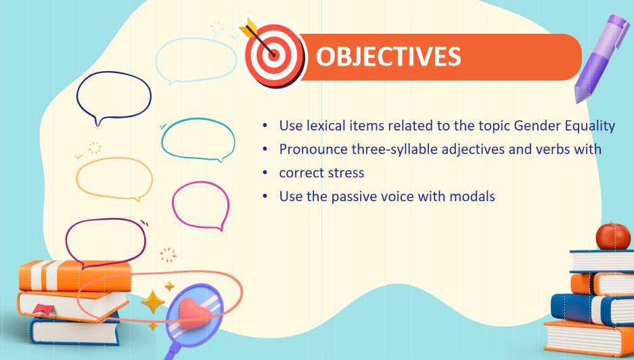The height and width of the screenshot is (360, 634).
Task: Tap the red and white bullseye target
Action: (x=274, y=55)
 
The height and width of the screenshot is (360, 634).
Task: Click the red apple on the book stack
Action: (x=614, y=236)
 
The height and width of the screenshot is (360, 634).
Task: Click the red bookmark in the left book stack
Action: (x=44, y=310)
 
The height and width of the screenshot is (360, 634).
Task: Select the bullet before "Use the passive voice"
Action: (x=265, y=197)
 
